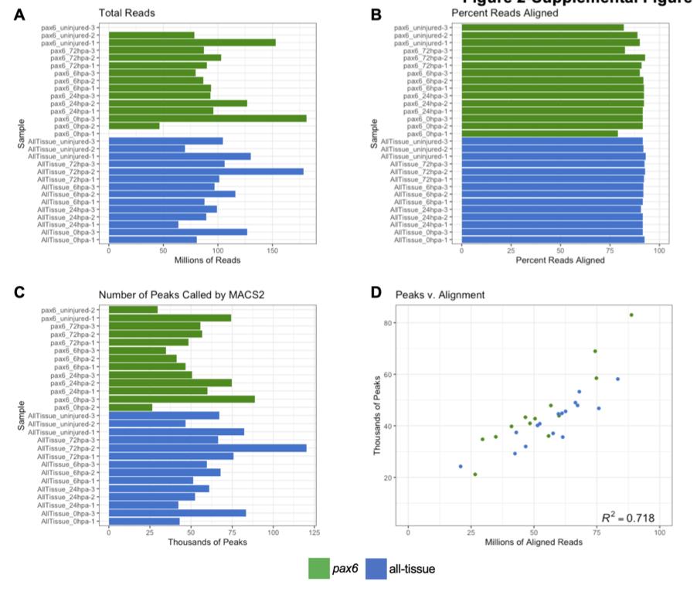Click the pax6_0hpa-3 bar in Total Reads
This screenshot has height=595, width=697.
[207, 118]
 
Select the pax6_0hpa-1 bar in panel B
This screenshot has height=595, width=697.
[539, 134]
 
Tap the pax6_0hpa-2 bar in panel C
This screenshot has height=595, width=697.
[131, 407]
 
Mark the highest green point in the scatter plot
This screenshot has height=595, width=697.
[631, 314]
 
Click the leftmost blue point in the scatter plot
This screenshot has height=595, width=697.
[461, 466]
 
